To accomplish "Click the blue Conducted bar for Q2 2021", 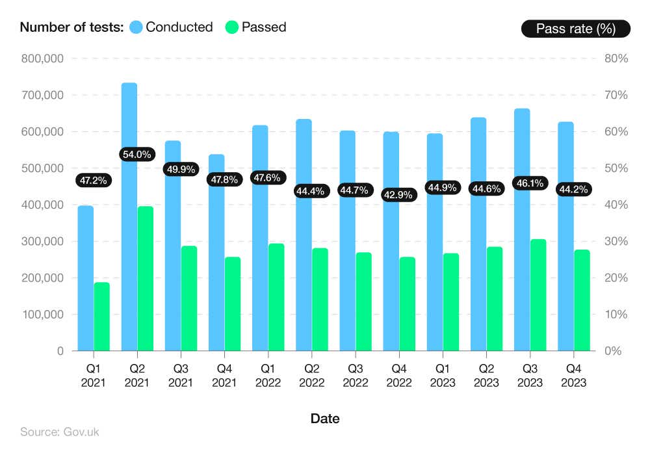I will [x=129, y=260].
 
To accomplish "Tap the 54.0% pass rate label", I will [x=137, y=155].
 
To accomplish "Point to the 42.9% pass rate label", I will [x=398, y=194].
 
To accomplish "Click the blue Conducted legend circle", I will [x=136, y=27].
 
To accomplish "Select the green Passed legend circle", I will [x=232, y=27].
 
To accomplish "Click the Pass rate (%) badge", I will [x=575, y=29].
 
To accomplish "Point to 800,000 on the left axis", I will [x=42, y=58].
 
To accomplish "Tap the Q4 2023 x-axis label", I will [x=573, y=376].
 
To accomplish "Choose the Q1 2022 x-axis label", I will [x=267, y=376].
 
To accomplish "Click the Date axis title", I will [x=324, y=419].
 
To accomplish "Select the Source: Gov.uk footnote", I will [x=60, y=432].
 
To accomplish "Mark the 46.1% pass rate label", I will [x=529, y=183].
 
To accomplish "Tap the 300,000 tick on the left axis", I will [x=42, y=241].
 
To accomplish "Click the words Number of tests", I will [x=71, y=27].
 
